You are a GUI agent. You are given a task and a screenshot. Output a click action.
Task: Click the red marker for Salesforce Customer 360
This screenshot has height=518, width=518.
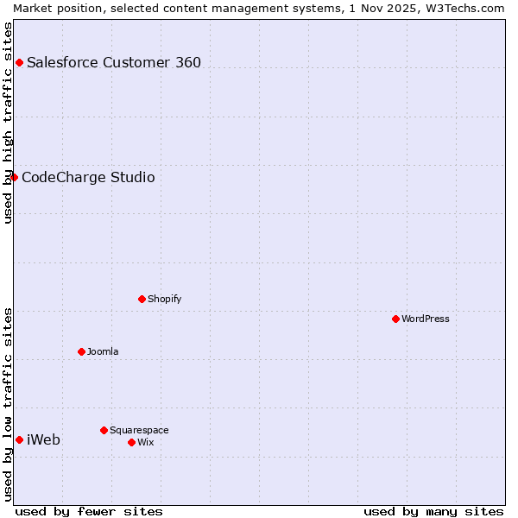(19, 62)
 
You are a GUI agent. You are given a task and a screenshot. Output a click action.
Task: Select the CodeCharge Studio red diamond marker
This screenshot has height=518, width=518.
(14, 177)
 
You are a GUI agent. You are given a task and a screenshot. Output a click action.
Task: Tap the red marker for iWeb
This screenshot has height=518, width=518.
(19, 439)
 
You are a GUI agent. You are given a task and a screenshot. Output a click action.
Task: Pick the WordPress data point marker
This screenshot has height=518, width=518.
(395, 319)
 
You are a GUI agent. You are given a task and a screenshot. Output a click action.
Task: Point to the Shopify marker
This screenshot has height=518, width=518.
(142, 299)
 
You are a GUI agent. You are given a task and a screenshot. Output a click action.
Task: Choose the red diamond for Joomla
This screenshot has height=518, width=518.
(81, 351)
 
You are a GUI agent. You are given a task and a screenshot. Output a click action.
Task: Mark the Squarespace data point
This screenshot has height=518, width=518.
(104, 430)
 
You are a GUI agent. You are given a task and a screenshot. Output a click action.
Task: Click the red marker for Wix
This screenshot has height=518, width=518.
(131, 442)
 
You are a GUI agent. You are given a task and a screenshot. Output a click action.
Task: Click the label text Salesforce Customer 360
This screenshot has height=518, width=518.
(114, 62)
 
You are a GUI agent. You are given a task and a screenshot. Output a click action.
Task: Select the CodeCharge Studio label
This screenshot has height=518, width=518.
(88, 177)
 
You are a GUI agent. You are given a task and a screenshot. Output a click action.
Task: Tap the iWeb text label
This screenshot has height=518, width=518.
(43, 439)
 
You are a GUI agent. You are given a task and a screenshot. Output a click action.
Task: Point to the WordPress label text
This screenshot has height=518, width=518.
(426, 319)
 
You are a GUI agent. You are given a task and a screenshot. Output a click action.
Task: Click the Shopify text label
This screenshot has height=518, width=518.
(164, 299)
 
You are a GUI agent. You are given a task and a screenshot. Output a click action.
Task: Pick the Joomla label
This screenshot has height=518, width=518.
(103, 351)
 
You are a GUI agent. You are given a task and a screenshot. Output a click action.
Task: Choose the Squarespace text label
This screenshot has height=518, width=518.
(139, 430)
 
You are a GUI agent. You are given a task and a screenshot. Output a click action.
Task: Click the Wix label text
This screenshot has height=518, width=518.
(146, 442)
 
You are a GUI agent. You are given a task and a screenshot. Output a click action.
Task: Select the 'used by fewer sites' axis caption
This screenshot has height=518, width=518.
(89, 511)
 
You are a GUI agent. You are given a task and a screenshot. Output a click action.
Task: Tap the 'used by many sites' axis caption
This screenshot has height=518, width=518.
(433, 511)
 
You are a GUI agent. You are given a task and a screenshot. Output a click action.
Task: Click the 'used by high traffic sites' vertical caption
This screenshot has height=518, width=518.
(8, 123)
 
